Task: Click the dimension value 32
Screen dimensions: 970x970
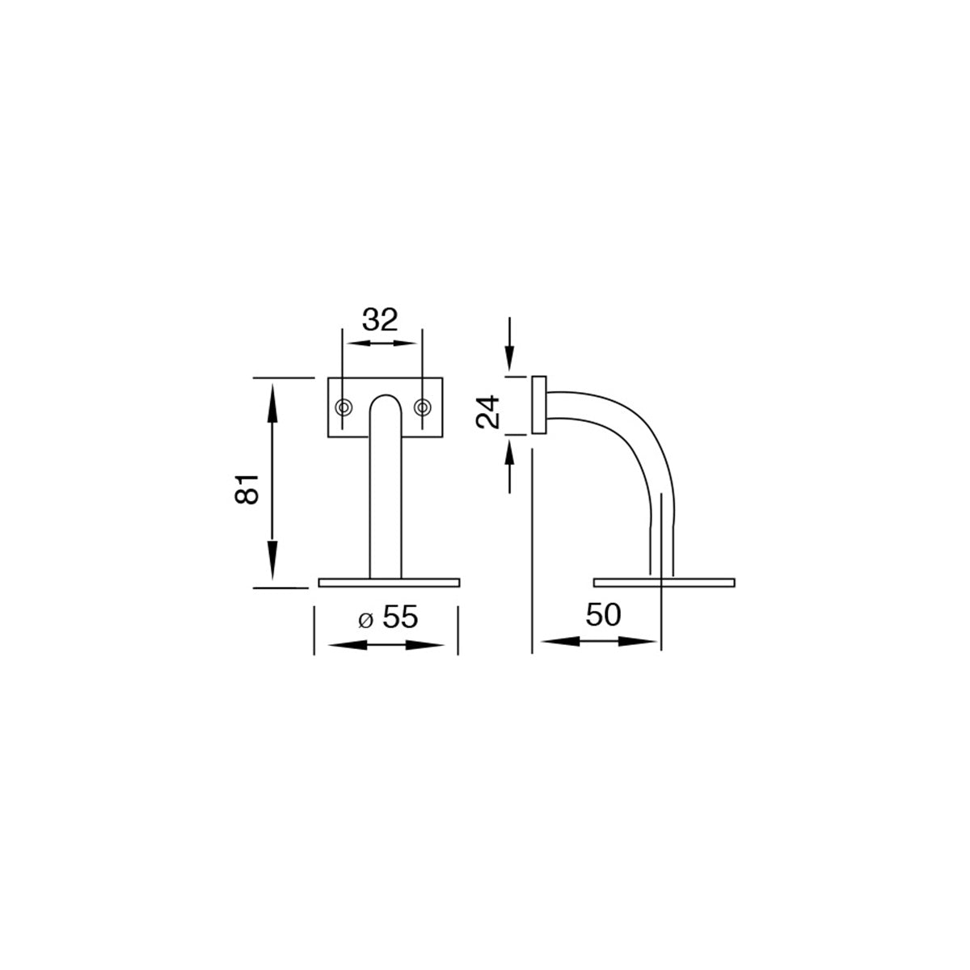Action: tap(380, 319)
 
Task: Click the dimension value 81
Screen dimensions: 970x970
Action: tap(247, 489)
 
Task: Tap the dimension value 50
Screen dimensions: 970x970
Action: tap(604, 614)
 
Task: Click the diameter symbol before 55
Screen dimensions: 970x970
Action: tap(366, 621)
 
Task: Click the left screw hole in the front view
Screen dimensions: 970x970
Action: tap(344, 407)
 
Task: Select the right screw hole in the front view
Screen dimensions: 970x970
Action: tap(422, 407)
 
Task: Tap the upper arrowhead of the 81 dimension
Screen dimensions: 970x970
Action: tap(272, 403)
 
